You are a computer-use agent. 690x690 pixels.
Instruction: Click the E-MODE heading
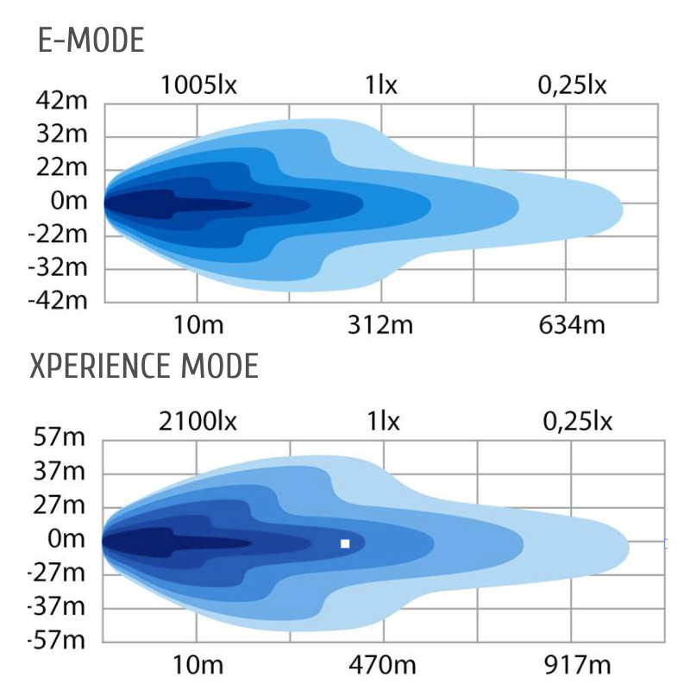91,41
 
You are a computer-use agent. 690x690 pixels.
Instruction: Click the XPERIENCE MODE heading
144,367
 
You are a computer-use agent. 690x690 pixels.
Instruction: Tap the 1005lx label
198,86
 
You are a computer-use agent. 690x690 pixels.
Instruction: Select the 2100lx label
198,422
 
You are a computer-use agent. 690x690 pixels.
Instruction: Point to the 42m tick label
62,103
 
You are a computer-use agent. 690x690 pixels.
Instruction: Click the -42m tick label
59,301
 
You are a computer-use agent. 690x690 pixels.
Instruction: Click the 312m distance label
380,325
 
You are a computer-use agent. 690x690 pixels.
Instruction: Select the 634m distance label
572,325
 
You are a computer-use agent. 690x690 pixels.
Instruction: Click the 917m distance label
575,666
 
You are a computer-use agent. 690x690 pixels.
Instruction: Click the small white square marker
345,543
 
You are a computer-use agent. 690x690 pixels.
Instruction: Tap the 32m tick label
62,135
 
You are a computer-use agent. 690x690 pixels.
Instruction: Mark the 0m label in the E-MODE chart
69,202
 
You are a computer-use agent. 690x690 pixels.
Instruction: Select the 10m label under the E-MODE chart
198,325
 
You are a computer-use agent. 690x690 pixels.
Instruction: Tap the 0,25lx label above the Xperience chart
577,422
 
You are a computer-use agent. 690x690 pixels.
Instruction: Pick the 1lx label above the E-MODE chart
381,86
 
